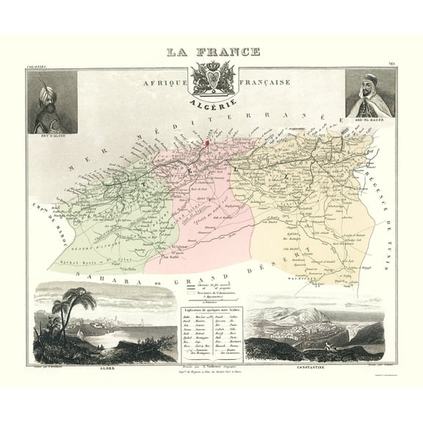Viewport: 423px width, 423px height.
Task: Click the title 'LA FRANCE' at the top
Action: (211, 53)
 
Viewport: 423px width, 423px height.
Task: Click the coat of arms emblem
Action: (211, 82)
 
